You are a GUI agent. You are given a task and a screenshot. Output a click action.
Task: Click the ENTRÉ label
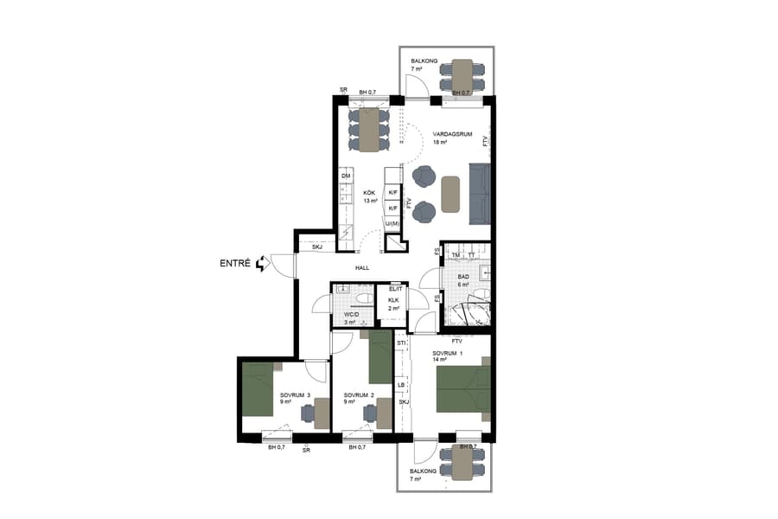tap(234, 263)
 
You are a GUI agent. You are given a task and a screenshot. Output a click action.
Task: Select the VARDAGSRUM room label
tap(450, 133)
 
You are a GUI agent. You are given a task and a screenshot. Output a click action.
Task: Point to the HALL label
tap(362, 268)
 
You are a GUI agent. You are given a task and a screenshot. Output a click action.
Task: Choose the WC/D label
tap(350, 315)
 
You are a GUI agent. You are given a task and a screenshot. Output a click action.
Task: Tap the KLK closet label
tap(393, 300)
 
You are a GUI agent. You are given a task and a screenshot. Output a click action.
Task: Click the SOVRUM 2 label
tap(359, 395)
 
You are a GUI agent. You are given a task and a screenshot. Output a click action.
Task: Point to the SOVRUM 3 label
tap(296, 395)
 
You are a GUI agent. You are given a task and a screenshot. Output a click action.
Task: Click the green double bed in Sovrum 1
tap(463, 389)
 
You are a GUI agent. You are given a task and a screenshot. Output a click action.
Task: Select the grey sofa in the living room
tap(480, 192)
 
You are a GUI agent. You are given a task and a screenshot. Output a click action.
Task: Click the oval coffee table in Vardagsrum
tap(450, 194)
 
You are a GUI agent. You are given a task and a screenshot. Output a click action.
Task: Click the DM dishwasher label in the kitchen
tap(346, 176)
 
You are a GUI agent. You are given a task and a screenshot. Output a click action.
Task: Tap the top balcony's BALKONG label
tap(424, 61)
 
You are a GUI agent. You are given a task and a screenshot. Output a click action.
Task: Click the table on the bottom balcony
tap(462, 464)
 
